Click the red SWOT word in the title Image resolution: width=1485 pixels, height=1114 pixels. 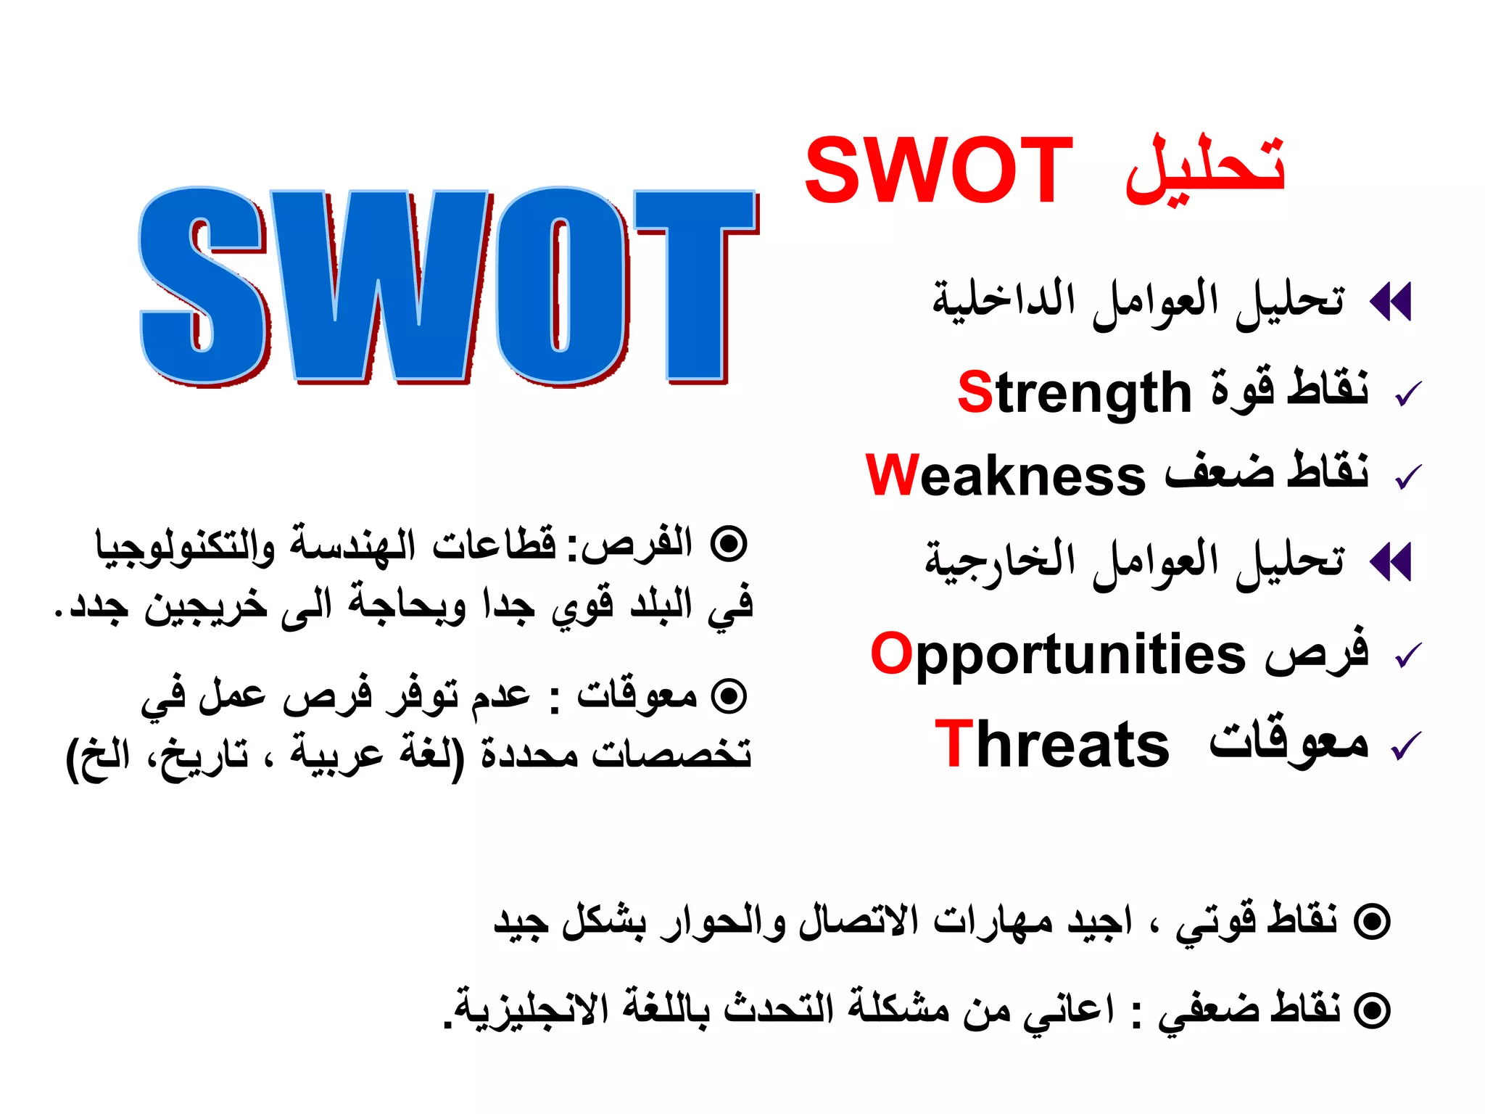point(938,171)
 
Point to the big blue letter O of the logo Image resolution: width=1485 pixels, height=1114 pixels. point(562,284)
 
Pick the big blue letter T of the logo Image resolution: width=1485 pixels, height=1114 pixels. point(695,284)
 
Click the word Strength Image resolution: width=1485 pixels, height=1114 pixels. point(1075,393)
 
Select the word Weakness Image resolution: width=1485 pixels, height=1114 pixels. point(1006,476)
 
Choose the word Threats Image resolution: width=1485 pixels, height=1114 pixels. point(1052,744)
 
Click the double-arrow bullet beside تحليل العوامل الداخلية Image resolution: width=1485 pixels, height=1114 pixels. point(1391,301)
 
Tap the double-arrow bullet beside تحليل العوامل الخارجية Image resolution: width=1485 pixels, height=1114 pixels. point(1391,561)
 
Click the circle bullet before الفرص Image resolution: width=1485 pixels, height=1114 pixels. point(728,544)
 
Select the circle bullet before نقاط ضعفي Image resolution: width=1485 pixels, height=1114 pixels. point(1373,1010)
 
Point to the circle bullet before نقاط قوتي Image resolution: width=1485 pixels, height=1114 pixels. point(1373,922)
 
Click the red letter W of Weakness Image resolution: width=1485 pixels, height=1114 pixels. point(893,476)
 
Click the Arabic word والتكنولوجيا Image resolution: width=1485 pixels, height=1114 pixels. point(186,545)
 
